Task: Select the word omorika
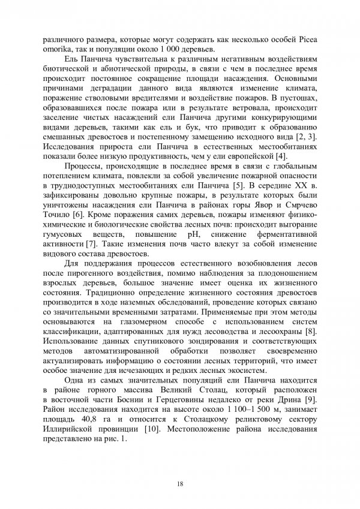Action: [58, 49]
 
